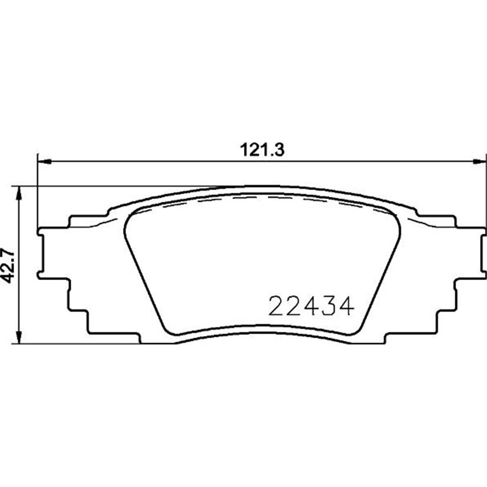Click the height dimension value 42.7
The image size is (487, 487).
(x=10, y=265)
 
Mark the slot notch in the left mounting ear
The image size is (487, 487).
(x=43, y=254)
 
